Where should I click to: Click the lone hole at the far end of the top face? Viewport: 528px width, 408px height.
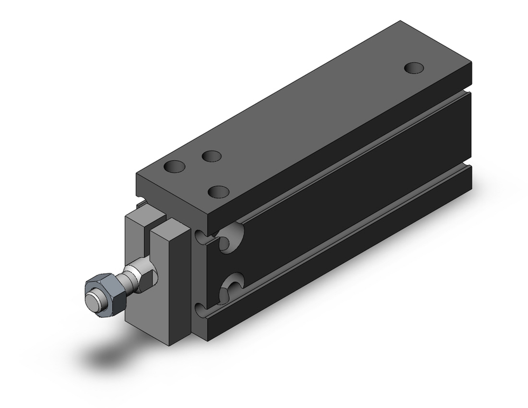414,68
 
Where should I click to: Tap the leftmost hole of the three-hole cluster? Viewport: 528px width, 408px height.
174,166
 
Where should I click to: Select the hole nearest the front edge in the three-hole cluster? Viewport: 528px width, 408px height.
218,191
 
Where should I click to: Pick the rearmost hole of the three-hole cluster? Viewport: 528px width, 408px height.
211,156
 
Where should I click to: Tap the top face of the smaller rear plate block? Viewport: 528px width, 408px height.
145,212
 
